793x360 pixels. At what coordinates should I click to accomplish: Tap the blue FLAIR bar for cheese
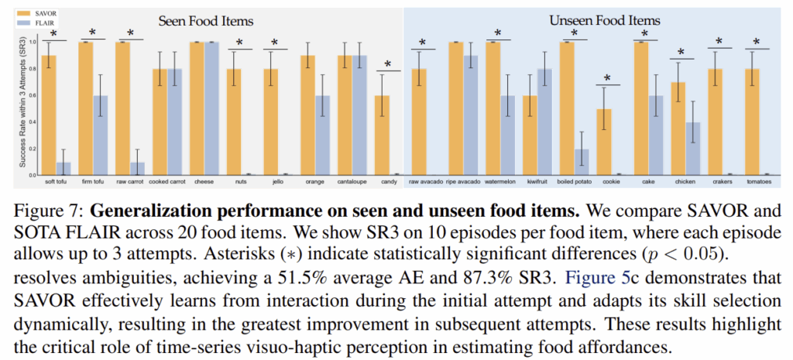211,108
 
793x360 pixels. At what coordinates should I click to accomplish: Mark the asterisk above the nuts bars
239,43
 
